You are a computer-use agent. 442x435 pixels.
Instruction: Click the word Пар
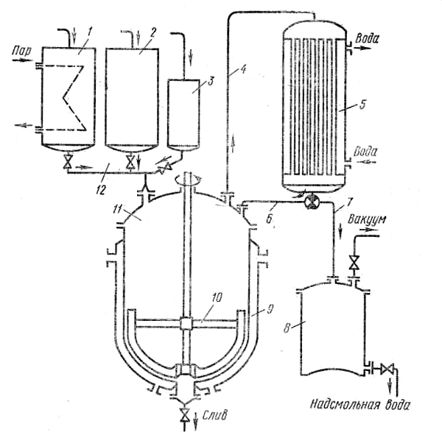[x=21, y=52]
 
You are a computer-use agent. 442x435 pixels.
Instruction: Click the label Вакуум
[x=367, y=219]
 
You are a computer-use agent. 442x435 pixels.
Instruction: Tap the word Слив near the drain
[x=214, y=416]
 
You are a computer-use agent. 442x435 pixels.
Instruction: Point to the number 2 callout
[x=152, y=32]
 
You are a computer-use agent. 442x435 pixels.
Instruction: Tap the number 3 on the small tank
[x=210, y=81]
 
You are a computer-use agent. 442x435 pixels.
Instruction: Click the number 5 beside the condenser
[x=362, y=105]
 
